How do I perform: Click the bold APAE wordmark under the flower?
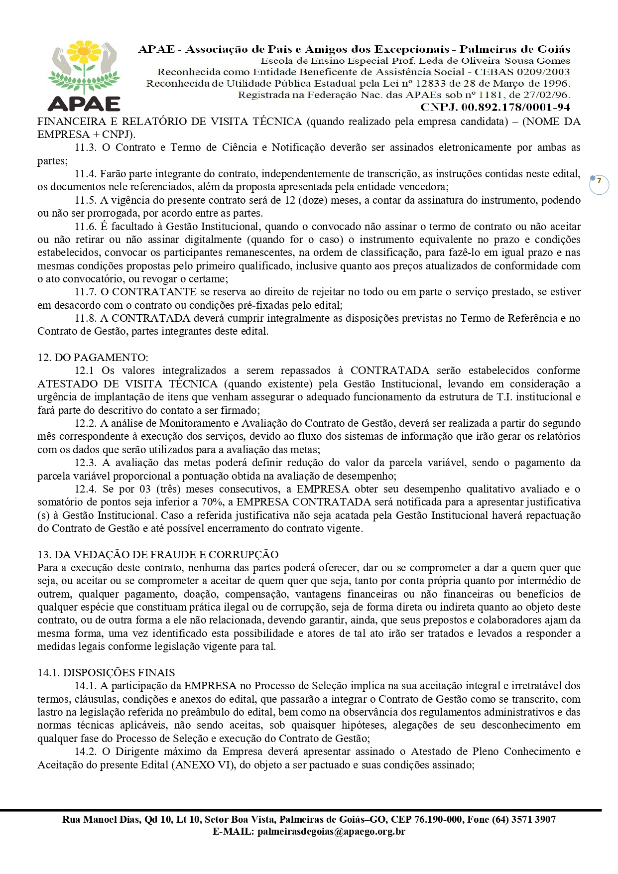coord(84,103)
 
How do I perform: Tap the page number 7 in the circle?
coord(599,181)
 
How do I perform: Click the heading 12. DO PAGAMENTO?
coord(93,358)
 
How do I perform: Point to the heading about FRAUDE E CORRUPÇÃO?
coord(158,555)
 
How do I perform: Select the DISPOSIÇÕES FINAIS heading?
coord(106,673)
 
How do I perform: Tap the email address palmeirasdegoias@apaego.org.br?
coord(331,831)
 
